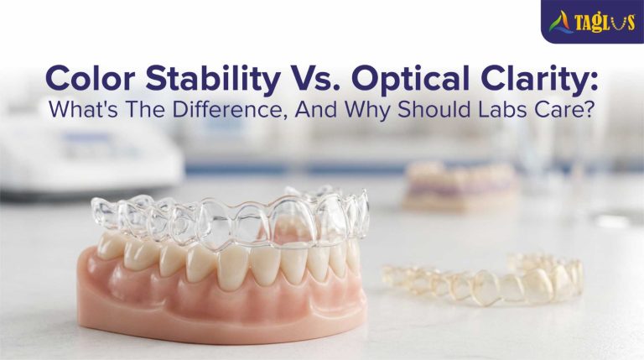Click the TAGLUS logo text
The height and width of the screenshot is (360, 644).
605,21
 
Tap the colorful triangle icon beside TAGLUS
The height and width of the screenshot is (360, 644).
562,22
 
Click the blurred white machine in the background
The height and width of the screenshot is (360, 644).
88,159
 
